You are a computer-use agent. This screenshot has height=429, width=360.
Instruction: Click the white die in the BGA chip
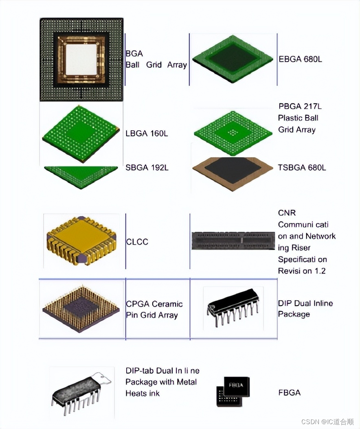click(81, 59)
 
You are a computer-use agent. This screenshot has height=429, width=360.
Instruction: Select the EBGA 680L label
click(300, 59)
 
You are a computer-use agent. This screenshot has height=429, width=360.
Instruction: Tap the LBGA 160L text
click(147, 134)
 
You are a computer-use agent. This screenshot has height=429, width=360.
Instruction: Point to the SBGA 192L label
click(147, 167)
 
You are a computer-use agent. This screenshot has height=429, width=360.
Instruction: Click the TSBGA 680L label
click(302, 167)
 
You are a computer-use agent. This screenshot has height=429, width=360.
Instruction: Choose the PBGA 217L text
click(300, 106)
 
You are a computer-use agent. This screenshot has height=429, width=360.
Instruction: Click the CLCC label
click(137, 242)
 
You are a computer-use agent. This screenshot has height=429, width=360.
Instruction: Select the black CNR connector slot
click(233, 241)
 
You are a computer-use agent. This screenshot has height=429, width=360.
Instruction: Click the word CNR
click(287, 213)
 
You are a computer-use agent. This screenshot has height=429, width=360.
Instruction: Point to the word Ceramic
click(167, 304)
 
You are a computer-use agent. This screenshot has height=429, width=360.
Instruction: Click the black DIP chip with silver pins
click(233, 307)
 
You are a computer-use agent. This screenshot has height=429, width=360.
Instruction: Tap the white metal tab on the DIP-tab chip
click(103, 378)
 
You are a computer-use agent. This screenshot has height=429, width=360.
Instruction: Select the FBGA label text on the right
click(290, 393)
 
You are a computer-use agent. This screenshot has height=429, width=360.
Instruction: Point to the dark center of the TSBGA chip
click(233, 170)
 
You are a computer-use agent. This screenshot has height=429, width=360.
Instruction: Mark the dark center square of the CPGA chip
click(81, 309)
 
